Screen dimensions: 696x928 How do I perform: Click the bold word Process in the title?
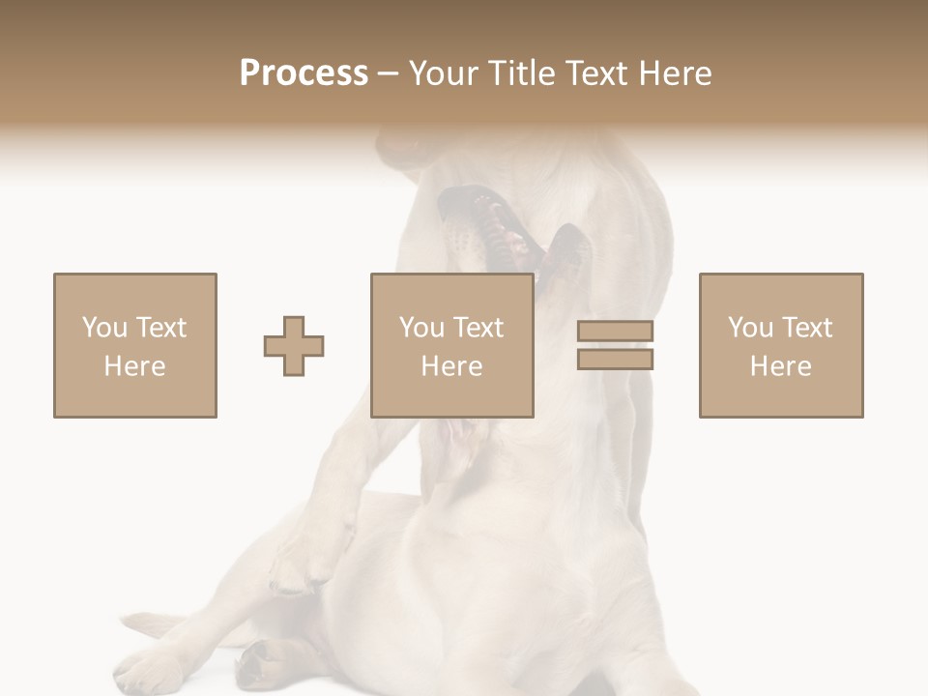[304, 73]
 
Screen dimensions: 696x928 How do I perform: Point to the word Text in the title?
[600, 73]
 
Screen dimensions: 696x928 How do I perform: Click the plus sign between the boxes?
[294, 346]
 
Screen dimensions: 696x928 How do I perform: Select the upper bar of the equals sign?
[615, 332]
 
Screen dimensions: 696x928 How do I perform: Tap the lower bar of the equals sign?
[615, 359]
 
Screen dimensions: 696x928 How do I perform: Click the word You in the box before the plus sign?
[104, 328]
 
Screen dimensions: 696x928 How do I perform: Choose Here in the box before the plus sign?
[134, 366]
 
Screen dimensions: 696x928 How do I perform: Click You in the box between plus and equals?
[421, 328]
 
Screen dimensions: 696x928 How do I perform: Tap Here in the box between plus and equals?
[451, 366]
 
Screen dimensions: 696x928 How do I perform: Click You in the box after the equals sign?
[750, 328]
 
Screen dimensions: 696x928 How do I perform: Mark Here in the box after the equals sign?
[780, 366]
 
